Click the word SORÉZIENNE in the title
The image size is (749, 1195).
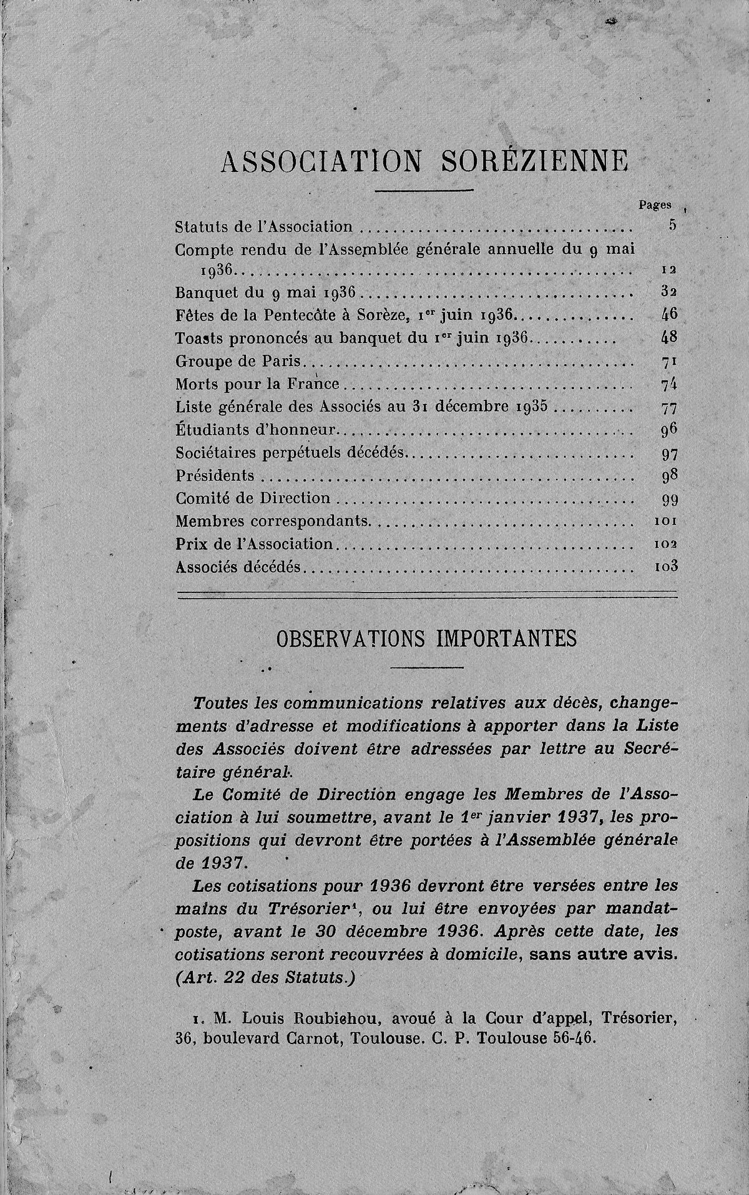coord(534,162)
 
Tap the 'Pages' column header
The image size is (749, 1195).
coord(655,204)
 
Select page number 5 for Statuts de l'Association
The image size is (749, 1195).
coord(672,226)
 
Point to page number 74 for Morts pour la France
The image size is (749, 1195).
coord(668,384)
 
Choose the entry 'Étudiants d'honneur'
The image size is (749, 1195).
coord(257,430)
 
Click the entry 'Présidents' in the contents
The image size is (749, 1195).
coord(215,476)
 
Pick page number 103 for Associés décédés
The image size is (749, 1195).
coord(665,567)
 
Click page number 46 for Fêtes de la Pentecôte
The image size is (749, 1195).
coord(668,315)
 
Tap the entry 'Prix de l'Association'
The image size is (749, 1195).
coord(255,544)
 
